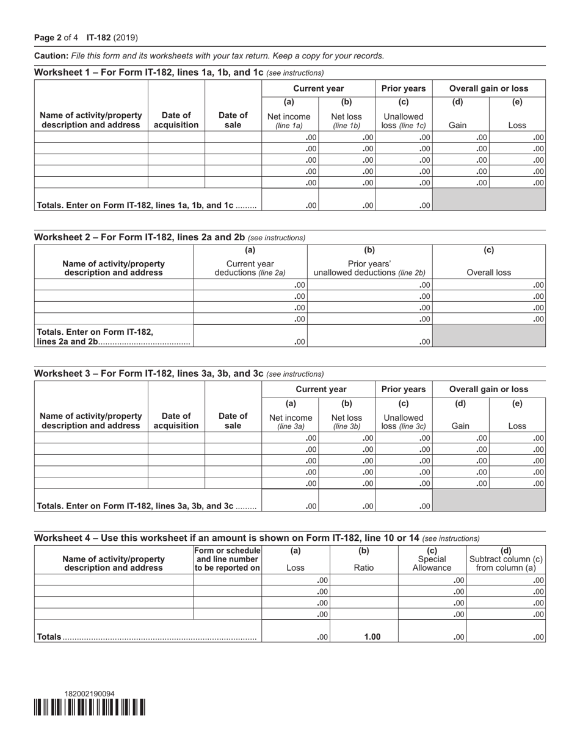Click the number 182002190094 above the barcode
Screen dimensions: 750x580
point(89,694)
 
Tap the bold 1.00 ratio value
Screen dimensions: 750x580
point(372,637)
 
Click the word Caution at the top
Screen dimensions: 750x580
point(51,55)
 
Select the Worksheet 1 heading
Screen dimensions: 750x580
point(148,72)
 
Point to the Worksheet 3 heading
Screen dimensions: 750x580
point(148,373)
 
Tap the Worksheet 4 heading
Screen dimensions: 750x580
point(227,538)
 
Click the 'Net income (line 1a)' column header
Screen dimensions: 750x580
point(289,121)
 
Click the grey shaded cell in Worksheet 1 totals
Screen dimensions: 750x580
point(488,199)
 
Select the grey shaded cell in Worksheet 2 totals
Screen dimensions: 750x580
point(488,335)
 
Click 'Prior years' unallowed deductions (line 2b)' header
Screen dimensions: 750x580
point(369,268)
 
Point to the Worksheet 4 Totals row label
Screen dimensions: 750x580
point(49,637)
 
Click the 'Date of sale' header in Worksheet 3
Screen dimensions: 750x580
point(233,421)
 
